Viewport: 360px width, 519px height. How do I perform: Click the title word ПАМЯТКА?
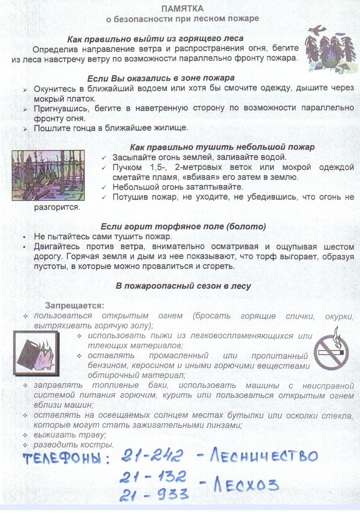(182, 9)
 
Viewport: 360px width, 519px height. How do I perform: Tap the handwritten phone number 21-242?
(152, 456)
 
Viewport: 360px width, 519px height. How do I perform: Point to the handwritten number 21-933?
(154, 495)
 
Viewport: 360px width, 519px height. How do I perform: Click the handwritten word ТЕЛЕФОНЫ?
(66, 458)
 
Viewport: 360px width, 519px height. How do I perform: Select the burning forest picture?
(48, 175)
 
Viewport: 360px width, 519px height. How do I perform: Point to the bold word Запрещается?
(75, 305)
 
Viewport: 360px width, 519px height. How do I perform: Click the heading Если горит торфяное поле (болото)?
(183, 227)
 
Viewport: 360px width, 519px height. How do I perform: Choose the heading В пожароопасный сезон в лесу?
(183, 286)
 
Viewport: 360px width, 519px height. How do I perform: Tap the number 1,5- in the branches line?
(158, 167)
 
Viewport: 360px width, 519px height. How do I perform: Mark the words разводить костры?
(74, 444)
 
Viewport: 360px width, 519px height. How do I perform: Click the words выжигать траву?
(70, 435)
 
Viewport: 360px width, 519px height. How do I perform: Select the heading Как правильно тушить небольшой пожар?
(222, 147)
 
